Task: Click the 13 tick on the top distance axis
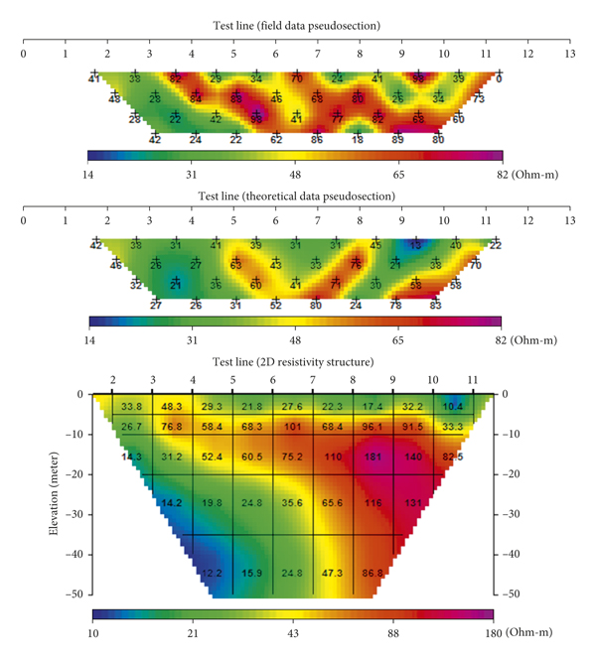[x=569, y=54]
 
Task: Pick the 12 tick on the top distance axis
[x=527, y=54]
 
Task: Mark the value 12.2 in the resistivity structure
[x=212, y=574]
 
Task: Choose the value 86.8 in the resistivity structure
[x=373, y=574]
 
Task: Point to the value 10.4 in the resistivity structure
[x=452, y=407]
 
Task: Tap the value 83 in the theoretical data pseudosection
[x=436, y=306]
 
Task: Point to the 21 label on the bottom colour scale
[x=193, y=632]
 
